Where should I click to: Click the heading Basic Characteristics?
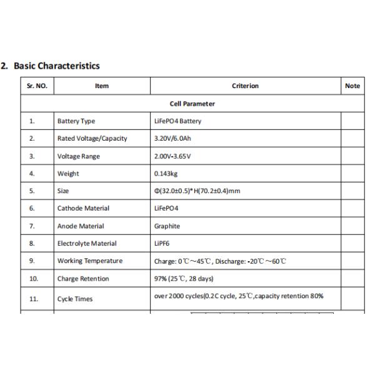[x=56, y=66]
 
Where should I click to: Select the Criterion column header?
[x=245, y=86]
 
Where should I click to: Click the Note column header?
[x=352, y=86]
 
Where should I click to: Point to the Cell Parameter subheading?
[x=192, y=104]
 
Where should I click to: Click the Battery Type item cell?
[x=76, y=121]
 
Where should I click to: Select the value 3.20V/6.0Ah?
[x=172, y=139]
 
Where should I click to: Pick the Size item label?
[x=63, y=191]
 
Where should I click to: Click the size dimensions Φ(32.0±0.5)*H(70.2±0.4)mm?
[x=197, y=191]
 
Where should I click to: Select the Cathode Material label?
[x=83, y=209]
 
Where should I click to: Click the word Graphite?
[x=167, y=226]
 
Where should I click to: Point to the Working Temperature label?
[x=89, y=261]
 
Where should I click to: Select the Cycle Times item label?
[x=75, y=299]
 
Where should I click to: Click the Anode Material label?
[x=81, y=226]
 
